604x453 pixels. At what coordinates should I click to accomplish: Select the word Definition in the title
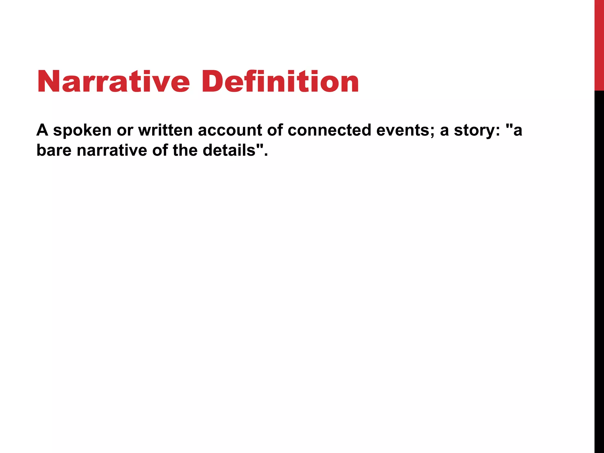(280, 81)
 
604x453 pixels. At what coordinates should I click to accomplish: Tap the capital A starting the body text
(42, 130)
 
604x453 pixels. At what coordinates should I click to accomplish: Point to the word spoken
(82, 131)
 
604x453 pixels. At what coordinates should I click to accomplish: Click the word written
(165, 130)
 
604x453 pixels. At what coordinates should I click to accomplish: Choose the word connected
(329, 130)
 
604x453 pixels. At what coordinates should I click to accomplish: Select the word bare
(54, 150)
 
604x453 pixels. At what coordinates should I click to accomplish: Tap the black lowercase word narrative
(112, 150)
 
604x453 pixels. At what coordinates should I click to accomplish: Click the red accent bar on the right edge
(599, 44)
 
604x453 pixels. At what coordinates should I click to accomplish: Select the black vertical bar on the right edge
(599, 265)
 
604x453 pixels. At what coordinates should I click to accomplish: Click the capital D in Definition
(213, 81)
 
